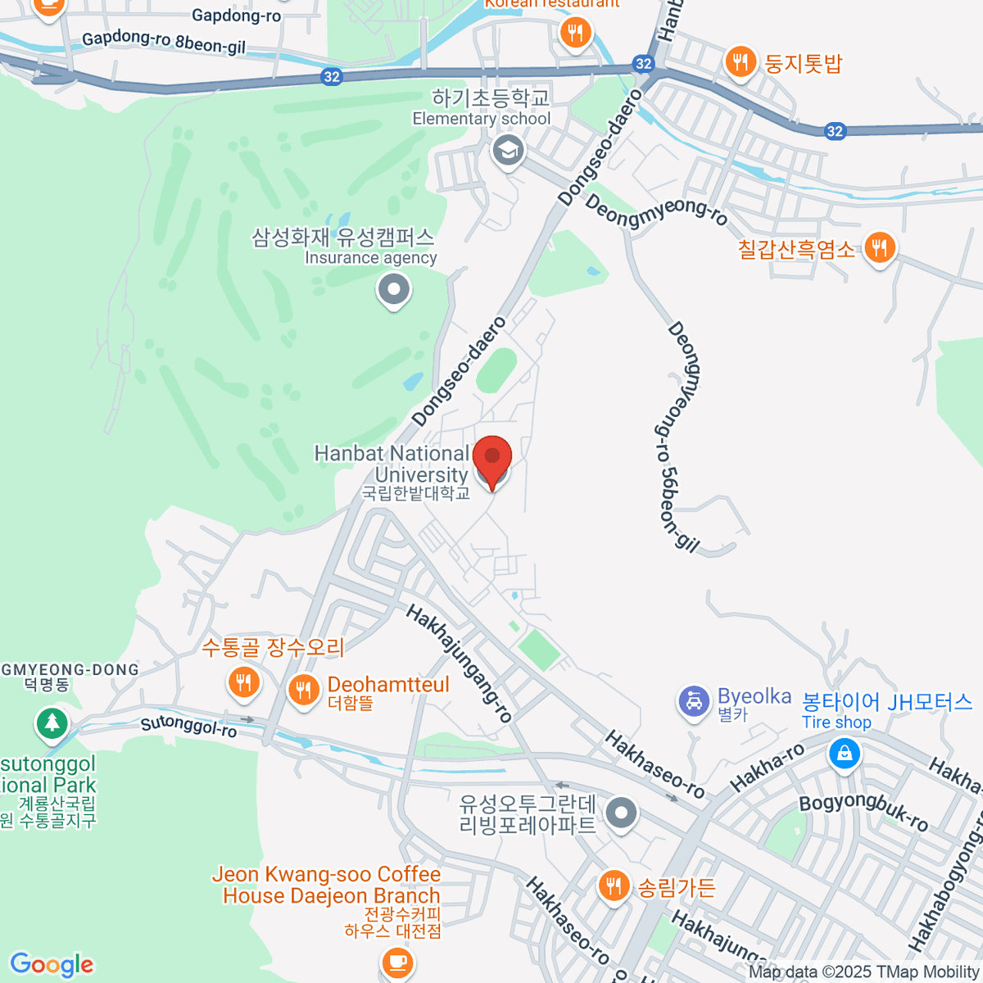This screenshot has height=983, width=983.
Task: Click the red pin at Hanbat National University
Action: pos(492,459)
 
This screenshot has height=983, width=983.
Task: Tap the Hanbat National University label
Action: pos(392,464)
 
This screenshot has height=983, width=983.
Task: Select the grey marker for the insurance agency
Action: pos(394,290)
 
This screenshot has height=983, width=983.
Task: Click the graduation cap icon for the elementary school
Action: pos(508,151)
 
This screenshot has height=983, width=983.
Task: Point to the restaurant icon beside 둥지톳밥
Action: pos(741,62)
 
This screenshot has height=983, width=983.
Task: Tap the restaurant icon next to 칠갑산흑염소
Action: pos(879,247)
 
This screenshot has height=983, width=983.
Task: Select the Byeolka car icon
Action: pos(694,702)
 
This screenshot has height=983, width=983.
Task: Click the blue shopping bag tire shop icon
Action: pos(844,752)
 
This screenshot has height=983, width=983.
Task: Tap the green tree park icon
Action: pos(52,723)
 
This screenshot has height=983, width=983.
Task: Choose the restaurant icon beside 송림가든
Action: pos(613,886)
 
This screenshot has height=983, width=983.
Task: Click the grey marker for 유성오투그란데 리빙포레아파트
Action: pos(621,813)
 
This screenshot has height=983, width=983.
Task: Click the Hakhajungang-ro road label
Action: pos(459,664)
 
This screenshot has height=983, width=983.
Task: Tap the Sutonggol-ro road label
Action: pos(188,726)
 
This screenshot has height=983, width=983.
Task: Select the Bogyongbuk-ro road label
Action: pos(863,812)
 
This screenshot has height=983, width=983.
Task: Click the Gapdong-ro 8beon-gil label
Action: pos(164,42)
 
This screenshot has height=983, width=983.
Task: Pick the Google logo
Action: pos(52,965)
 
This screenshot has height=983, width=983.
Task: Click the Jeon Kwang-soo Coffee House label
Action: pos(326,885)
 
